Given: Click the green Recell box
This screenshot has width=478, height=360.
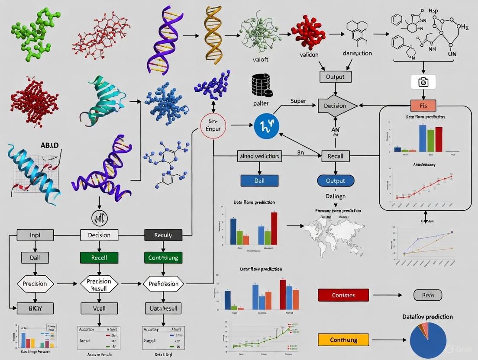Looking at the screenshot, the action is click(x=99, y=257).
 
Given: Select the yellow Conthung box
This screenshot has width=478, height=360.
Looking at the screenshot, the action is click(x=343, y=340).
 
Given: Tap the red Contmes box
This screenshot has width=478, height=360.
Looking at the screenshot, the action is click(x=343, y=295).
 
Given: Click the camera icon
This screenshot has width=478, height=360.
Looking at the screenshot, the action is click(x=423, y=82).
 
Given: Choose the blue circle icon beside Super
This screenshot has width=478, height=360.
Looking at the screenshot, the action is click(x=267, y=126).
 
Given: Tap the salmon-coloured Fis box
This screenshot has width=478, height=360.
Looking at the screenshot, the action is click(x=423, y=105).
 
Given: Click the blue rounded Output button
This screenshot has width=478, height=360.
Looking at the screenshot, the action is click(x=336, y=180).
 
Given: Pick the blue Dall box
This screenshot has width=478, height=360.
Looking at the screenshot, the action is click(x=259, y=180).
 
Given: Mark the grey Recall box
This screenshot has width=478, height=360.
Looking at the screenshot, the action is click(x=336, y=156).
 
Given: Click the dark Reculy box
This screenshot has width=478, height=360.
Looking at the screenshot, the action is click(x=163, y=235).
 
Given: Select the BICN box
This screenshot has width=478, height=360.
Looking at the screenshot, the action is click(x=35, y=308).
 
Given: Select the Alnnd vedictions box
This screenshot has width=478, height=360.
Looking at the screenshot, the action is click(x=259, y=156).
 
